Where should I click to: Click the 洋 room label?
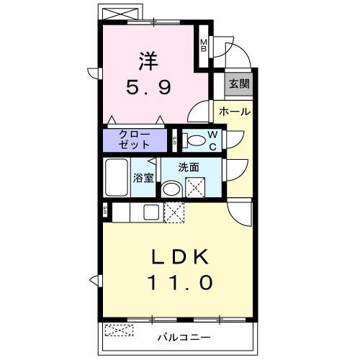148,61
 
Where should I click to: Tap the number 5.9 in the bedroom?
149,87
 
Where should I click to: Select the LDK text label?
180,257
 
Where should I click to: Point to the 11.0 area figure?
181,282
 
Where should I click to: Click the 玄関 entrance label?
239,84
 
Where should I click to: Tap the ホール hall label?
235,112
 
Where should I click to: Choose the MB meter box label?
204,45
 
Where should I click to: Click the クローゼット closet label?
135,140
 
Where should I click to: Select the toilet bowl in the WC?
194,140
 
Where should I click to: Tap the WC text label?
212,140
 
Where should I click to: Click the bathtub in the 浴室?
117,177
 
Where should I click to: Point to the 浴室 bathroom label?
143,178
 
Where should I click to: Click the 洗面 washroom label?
189,168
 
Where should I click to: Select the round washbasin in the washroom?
171,189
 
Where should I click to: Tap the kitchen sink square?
150,212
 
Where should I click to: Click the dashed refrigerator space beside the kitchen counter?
174,212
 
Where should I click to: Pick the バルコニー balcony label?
184,338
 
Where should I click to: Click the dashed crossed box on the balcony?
119,330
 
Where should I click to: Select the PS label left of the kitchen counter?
105,210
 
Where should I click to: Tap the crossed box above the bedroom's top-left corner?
120,14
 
